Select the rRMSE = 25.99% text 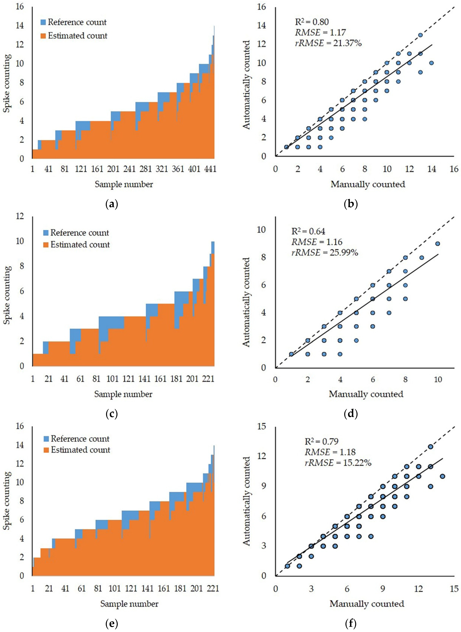pos(325,253)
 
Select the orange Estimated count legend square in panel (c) pos(46,245)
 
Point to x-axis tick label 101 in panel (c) pos(113,379)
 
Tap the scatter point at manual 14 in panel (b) pos(431,63)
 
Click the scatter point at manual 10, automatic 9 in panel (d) pos(438,244)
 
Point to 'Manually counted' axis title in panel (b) pos(368,184)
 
